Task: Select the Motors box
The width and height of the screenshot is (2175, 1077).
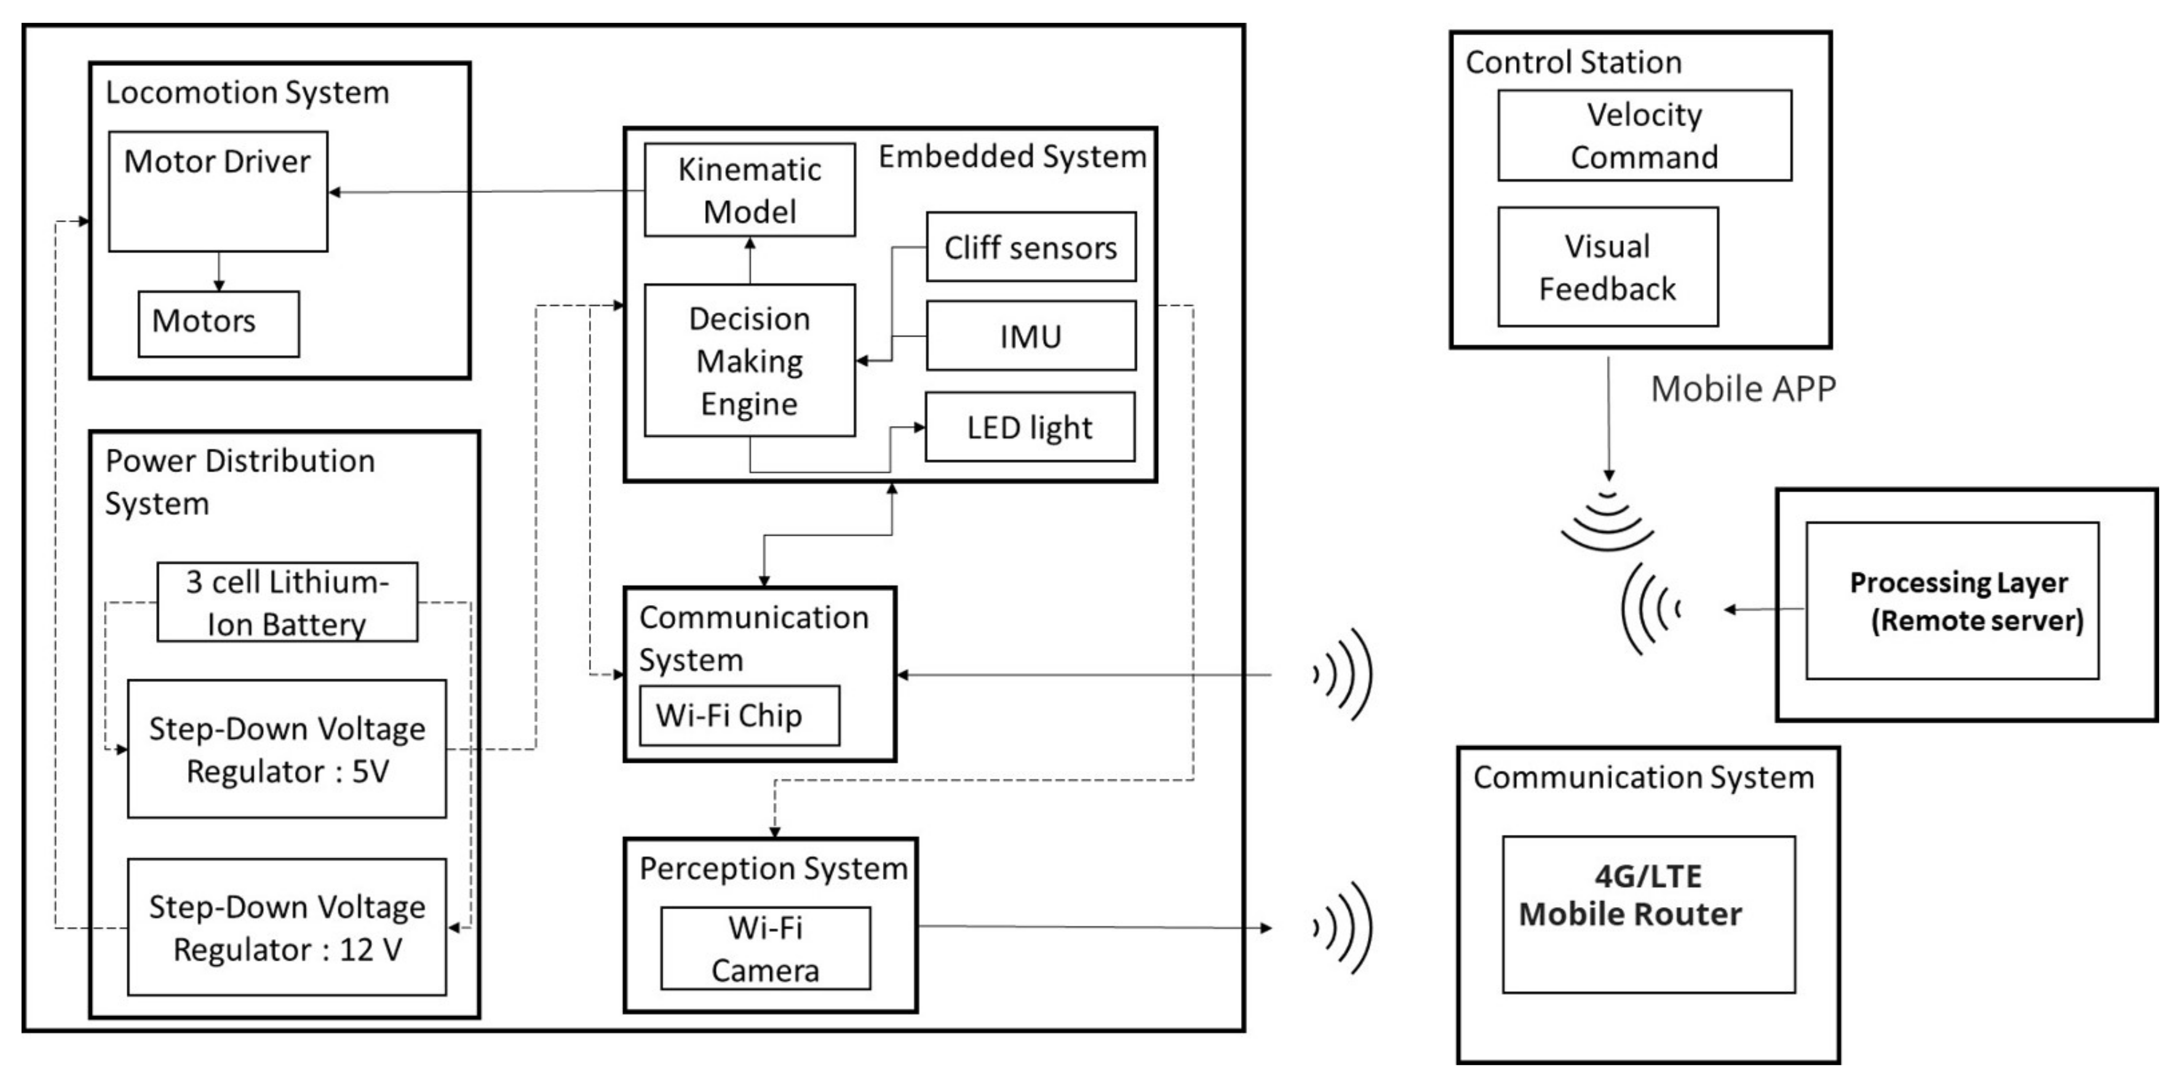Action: point(219,323)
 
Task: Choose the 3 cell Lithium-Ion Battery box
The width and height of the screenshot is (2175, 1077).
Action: point(287,602)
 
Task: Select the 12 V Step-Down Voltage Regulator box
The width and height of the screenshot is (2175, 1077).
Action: point(287,927)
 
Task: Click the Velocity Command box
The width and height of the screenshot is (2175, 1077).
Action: point(1644,135)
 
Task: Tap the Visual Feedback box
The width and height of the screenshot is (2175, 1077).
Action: point(1607,267)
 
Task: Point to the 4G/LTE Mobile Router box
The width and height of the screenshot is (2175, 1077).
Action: point(1648,914)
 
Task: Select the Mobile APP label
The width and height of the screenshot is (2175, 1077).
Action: point(1743,389)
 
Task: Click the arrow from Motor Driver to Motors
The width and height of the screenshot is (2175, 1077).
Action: point(219,271)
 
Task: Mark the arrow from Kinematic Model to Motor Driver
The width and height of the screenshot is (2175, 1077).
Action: point(485,192)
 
